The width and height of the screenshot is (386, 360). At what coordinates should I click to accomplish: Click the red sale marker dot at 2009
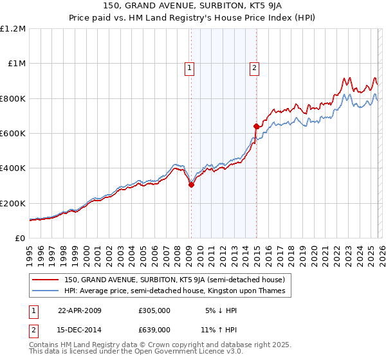pos(191,185)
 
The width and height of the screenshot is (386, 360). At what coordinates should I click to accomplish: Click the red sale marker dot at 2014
pos(256,127)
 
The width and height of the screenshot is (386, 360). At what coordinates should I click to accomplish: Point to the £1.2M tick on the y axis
pos(13,29)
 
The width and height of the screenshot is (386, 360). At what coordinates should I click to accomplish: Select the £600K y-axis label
pos(13,134)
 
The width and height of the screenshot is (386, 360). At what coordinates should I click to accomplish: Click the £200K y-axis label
pos(13,203)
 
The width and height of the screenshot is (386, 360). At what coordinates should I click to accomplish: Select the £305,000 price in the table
pos(154,310)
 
